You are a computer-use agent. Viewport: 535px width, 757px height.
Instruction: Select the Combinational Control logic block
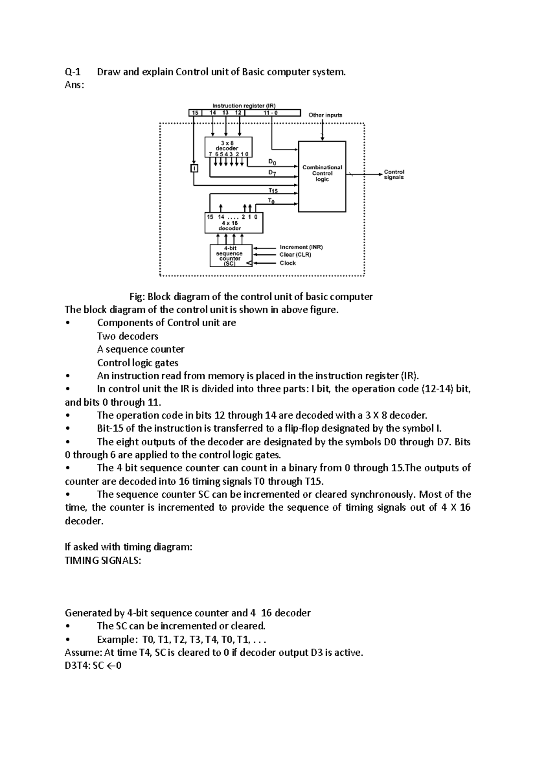coord(322,176)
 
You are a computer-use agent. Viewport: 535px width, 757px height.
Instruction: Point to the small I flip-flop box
coord(193,168)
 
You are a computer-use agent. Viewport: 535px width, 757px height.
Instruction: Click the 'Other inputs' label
coord(325,115)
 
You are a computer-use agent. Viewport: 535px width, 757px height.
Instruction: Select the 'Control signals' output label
coord(394,174)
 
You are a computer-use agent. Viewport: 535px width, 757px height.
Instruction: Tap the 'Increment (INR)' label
coord(301,247)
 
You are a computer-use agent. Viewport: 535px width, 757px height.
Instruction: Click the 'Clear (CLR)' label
coord(295,255)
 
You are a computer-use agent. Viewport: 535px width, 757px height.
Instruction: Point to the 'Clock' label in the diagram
coord(288,263)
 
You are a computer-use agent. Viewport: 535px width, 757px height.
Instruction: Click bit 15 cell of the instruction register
coord(195,113)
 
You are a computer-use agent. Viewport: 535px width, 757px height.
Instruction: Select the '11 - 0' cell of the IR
coord(270,113)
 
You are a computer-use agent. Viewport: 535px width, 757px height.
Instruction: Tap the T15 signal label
coord(272,190)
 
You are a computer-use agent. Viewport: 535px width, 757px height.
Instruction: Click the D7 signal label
coord(272,172)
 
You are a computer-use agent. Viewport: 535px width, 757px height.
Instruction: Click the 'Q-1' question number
coord(73,72)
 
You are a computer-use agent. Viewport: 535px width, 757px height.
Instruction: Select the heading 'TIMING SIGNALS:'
coord(103,561)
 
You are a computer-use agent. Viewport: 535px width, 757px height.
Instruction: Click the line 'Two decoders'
coord(128,336)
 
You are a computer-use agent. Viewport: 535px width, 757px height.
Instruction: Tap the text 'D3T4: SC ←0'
coord(93,666)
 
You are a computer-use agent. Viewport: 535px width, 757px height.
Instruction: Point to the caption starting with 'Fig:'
coord(251,297)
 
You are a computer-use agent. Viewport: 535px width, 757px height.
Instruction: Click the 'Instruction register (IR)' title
coord(244,106)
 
